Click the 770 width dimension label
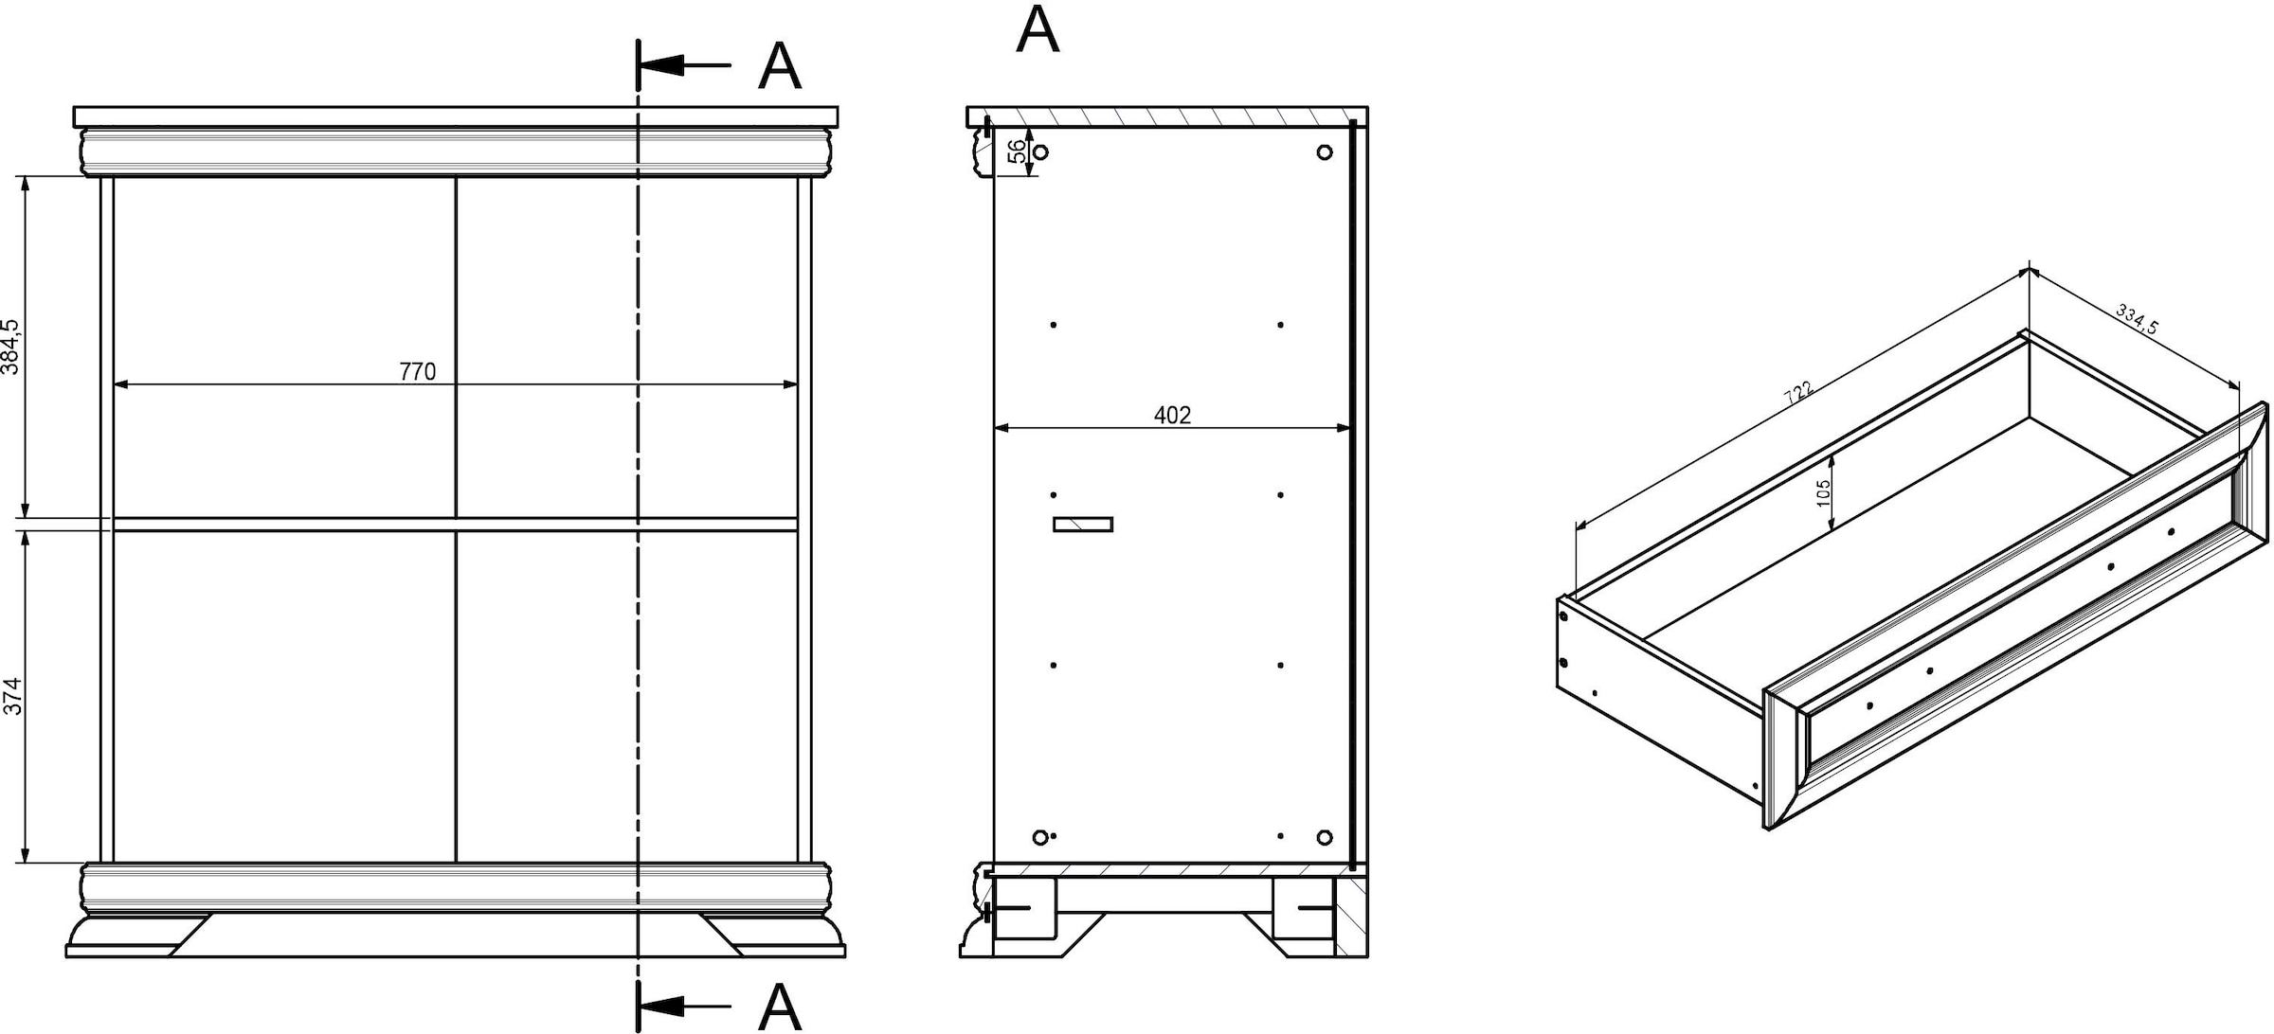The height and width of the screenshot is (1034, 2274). pos(417,372)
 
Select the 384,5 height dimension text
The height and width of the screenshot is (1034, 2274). pos(10,346)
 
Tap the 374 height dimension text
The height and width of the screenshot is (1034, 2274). pos(11,696)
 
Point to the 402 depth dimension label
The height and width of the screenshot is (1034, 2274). pos(1172,415)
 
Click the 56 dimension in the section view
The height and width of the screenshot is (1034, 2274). pos(1016,152)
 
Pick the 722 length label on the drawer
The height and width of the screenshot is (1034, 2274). pos(1798,393)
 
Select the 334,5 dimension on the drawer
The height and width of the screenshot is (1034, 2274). pos(2137,318)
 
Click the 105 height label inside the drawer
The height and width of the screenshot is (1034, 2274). pos(1823,492)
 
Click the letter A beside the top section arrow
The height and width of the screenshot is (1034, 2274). pos(780,66)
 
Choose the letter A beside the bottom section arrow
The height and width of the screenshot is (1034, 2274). pos(780,1007)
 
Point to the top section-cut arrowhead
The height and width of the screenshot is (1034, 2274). pos(662,65)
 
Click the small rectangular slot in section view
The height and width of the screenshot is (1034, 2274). pos(1083,525)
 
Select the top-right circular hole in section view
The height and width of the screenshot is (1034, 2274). pos(1325,152)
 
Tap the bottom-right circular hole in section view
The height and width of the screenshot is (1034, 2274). pos(1325,837)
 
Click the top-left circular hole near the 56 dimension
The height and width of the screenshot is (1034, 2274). pos(1040,152)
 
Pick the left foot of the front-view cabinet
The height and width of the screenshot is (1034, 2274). pos(139,935)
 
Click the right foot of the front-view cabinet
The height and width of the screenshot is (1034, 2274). pos(772,935)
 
